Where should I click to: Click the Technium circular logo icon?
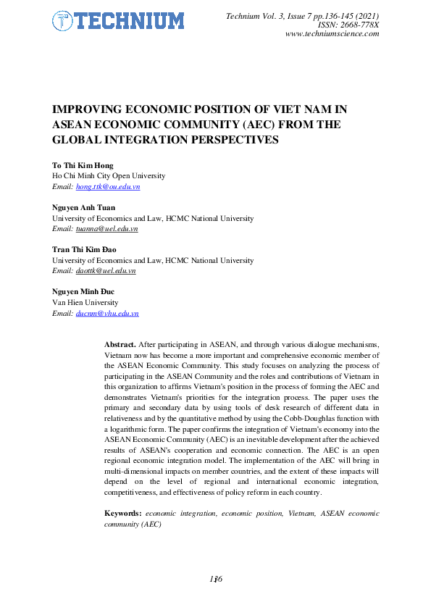[x=64, y=21]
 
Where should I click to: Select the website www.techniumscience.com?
[x=332, y=34]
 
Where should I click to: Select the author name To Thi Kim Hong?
[x=83, y=166]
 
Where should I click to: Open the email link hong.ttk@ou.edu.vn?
[x=108, y=186]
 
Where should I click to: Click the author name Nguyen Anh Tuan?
[x=84, y=208]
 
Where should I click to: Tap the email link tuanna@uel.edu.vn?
[x=106, y=228]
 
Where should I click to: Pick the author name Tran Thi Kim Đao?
[x=84, y=250]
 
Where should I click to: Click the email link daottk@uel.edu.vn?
[x=106, y=270]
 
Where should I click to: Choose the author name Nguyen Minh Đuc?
[x=84, y=292]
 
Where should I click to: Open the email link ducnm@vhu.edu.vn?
[x=107, y=313]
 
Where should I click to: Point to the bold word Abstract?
[x=120, y=344]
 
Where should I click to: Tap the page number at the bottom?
[x=215, y=579]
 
